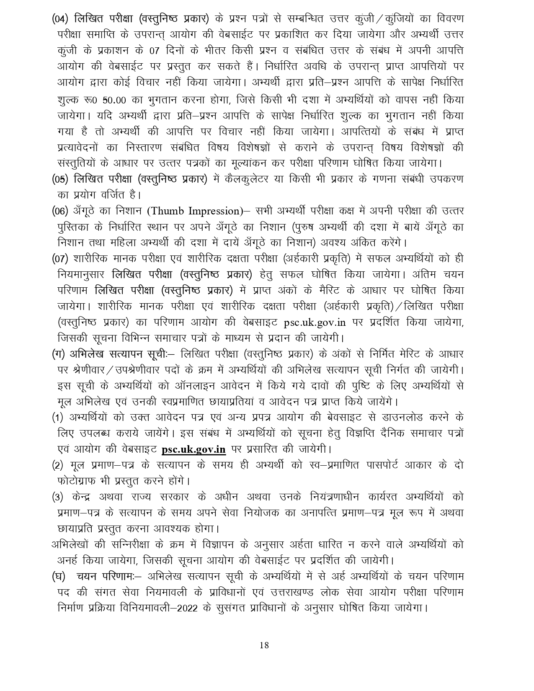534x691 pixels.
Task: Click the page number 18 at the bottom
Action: (x=264, y=645)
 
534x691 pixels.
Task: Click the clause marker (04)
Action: (x=60, y=19)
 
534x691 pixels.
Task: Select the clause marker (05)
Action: (x=60, y=179)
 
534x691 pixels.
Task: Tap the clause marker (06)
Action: (x=60, y=211)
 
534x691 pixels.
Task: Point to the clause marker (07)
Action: (x=60, y=259)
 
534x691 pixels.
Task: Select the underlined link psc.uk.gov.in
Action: (x=193, y=449)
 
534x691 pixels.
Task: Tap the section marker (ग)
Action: (x=58, y=354)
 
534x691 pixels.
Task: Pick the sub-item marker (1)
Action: (x=57, y=418)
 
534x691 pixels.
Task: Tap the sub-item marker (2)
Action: (x=57, y=465)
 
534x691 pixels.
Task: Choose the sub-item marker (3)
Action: (x=57, y=497)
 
